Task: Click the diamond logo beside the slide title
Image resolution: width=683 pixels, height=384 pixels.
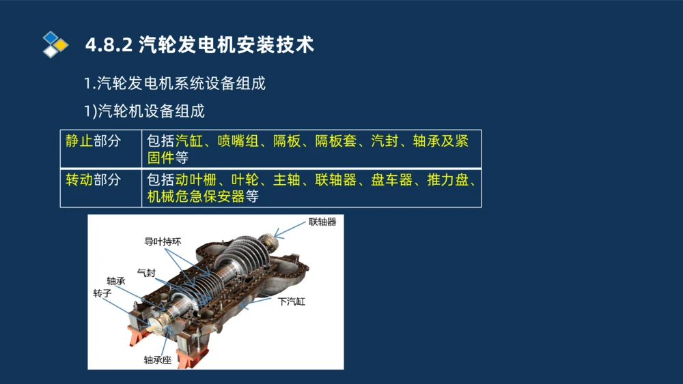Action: click(x=55, y=44)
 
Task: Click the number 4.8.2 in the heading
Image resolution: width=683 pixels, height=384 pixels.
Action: click(x=108, y=46)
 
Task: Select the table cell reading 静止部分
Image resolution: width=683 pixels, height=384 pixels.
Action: click(x=93, y=141)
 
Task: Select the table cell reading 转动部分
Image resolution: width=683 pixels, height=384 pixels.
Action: click(x=93, y=180)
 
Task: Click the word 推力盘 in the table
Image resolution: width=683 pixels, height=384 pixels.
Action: click(x=447, y=180)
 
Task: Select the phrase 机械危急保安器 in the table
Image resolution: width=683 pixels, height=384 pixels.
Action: click(x=195, y=197)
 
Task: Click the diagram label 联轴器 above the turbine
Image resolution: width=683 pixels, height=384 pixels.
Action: click(x=322, y=222)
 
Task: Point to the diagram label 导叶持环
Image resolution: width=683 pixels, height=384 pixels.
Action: click(x=163, y=241)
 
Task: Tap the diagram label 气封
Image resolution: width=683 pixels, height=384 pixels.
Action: click(x=146, y=272)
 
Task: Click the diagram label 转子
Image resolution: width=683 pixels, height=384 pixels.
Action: click(x=102, y=293)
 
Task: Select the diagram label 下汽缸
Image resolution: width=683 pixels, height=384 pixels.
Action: click(x=292, y=300)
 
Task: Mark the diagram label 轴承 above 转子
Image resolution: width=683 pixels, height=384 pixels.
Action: click(x=115, y=280)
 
